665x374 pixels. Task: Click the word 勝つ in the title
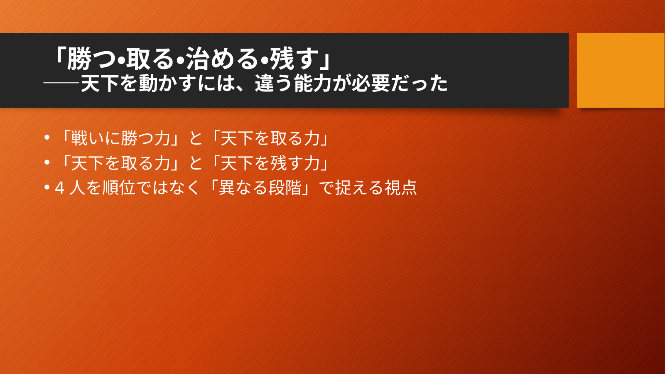91,59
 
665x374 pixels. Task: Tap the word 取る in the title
150,59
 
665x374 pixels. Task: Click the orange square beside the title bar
621,70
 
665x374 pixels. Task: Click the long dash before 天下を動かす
61,84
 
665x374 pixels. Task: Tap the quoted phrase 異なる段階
260,188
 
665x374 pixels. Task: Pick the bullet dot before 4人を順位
47,187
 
